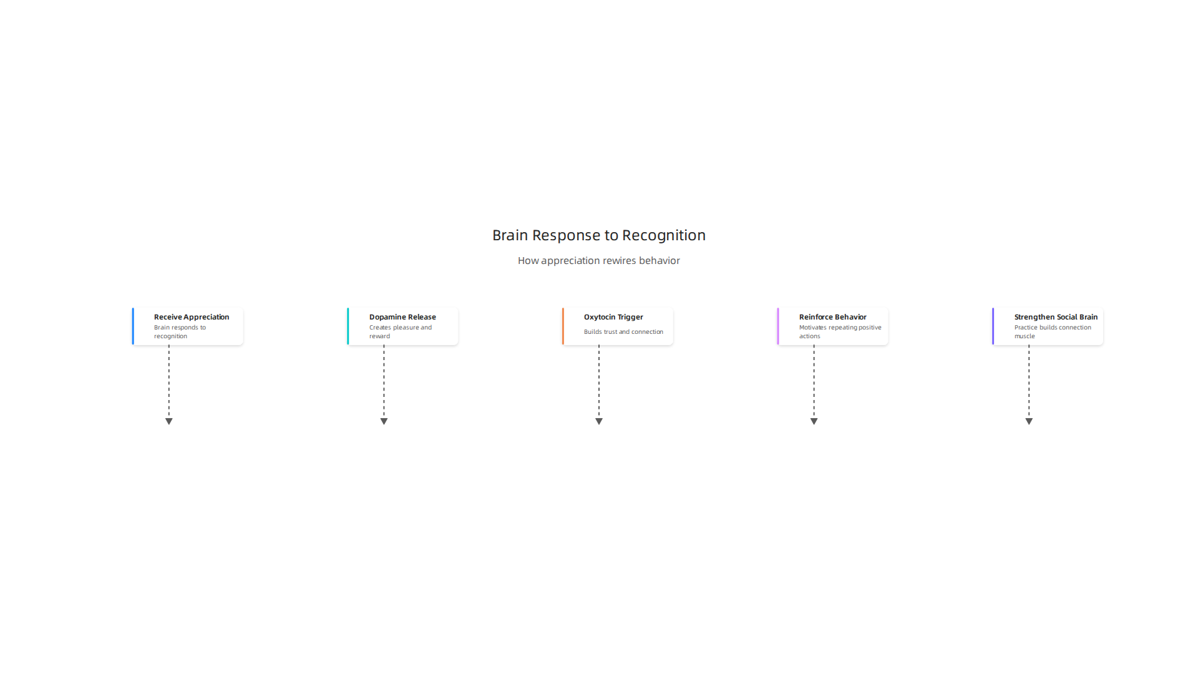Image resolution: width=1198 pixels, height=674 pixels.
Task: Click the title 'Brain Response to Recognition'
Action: pyautogui.click(x=599, y=235)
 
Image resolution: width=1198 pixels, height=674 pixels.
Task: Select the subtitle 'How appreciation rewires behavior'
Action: pyautogui.click(x=599, y=260)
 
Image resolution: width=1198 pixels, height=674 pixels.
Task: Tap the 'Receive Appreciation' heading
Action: pyautogui.click(x=192, y=317)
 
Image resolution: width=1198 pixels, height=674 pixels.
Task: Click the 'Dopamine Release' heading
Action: pyautogui.click(x=402, y=317)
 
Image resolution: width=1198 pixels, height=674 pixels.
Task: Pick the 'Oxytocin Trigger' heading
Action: pyautogui.click(x=613, y=317)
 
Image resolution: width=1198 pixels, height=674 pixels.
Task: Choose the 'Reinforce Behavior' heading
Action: pyautogui.click(x=832, y=317)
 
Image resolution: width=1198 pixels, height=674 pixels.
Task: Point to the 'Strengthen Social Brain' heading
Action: pyautogui.click(x=1056, y=317)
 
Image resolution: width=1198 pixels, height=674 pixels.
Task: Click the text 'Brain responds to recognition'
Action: pyautogui.click(x=180, y=331)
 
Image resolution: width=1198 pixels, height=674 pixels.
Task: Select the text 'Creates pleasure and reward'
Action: pyautogui.click(x=401, y=331)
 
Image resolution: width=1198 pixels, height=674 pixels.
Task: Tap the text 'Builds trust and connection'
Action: pyautogui.click(x=623, y=332)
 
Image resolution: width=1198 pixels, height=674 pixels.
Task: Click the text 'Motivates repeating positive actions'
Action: pyautogui.click(x=840, y=331)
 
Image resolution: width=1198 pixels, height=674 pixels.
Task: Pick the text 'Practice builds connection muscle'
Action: pyautogui.click(x=1053, y=331)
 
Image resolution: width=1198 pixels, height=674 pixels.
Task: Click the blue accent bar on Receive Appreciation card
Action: pyautogui.click(x=133, y=326)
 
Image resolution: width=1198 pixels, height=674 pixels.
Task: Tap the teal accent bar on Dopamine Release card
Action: pyautogui.click(x=348, y=326)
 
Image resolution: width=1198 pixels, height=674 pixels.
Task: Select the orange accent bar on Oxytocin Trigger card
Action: pyautogui.click(x=563, y=326)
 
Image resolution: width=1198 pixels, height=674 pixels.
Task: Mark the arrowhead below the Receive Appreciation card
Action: pyautogui.click(x=168, y=421)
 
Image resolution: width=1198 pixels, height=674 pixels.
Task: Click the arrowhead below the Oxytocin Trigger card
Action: pyautogui.click(x=599, y=421)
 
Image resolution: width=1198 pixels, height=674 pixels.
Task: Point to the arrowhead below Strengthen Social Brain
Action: pyautogui.click(x=1029, y=421)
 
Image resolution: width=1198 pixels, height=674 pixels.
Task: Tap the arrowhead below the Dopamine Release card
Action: pyautogui.click(x=384, y=421)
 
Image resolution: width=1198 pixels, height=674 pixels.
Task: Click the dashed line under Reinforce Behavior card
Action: pyautogui.click(x=814, y=382)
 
